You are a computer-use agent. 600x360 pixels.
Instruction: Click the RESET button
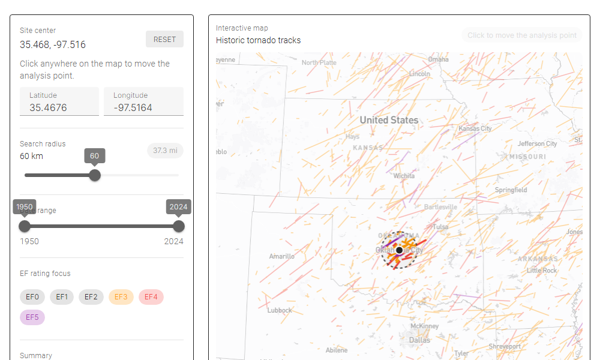164,39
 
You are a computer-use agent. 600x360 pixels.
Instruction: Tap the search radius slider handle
94,175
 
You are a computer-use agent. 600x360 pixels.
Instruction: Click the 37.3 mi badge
165,151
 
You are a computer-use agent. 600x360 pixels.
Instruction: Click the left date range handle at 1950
25,226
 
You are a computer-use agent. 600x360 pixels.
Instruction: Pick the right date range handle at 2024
178,226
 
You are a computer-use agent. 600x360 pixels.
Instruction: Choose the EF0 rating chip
32,297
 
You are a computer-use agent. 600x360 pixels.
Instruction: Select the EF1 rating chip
62,297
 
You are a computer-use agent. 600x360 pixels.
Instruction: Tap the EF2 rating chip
91,297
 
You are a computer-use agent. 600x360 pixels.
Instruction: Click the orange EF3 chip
121,297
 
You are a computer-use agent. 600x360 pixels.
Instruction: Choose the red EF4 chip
151,297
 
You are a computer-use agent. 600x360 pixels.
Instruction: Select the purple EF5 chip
32,317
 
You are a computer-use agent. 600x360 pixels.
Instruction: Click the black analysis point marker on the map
399,250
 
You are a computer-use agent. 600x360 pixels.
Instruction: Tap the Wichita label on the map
404,176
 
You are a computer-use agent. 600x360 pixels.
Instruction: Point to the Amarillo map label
281,256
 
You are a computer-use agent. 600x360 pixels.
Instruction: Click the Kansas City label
475,128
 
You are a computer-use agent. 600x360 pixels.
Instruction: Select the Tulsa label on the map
440,227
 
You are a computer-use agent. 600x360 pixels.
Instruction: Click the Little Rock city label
542,271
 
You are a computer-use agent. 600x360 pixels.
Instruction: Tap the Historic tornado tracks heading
259,41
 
